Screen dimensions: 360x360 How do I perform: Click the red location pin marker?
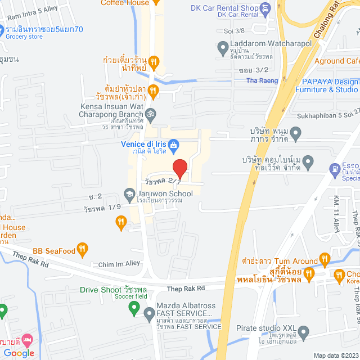(x=179, y=168)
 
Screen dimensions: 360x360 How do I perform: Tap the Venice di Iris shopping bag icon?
(x=174, y=145)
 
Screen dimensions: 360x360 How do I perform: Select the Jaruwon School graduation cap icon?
(x=129, y=194)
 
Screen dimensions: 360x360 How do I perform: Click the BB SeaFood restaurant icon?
(x=82, y=247)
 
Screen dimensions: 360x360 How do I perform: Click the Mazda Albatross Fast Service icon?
(x=134, y=307)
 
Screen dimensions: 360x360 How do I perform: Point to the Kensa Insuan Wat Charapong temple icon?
(x=159, y=114)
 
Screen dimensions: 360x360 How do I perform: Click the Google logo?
(x=19, y=353)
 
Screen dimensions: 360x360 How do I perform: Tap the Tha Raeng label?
(x=259, y=80)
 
